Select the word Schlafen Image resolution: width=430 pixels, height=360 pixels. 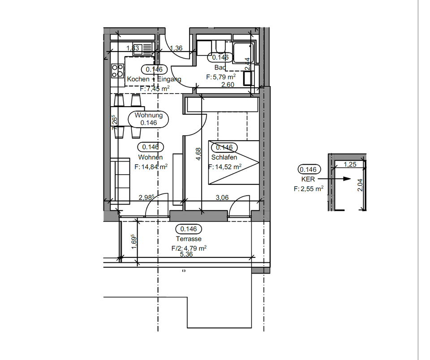224,158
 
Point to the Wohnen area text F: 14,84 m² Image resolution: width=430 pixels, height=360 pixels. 151,167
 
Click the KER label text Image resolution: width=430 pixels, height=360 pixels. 307,179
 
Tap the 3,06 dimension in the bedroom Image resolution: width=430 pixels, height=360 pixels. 223,197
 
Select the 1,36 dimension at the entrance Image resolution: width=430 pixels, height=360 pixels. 176,48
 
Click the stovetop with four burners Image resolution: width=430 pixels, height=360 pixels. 117,71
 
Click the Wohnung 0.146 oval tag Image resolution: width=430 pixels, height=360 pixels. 148,119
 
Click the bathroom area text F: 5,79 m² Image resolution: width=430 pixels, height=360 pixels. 221,77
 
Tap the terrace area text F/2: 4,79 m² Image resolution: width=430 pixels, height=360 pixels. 189,248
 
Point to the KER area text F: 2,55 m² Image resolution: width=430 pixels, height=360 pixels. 309,189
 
